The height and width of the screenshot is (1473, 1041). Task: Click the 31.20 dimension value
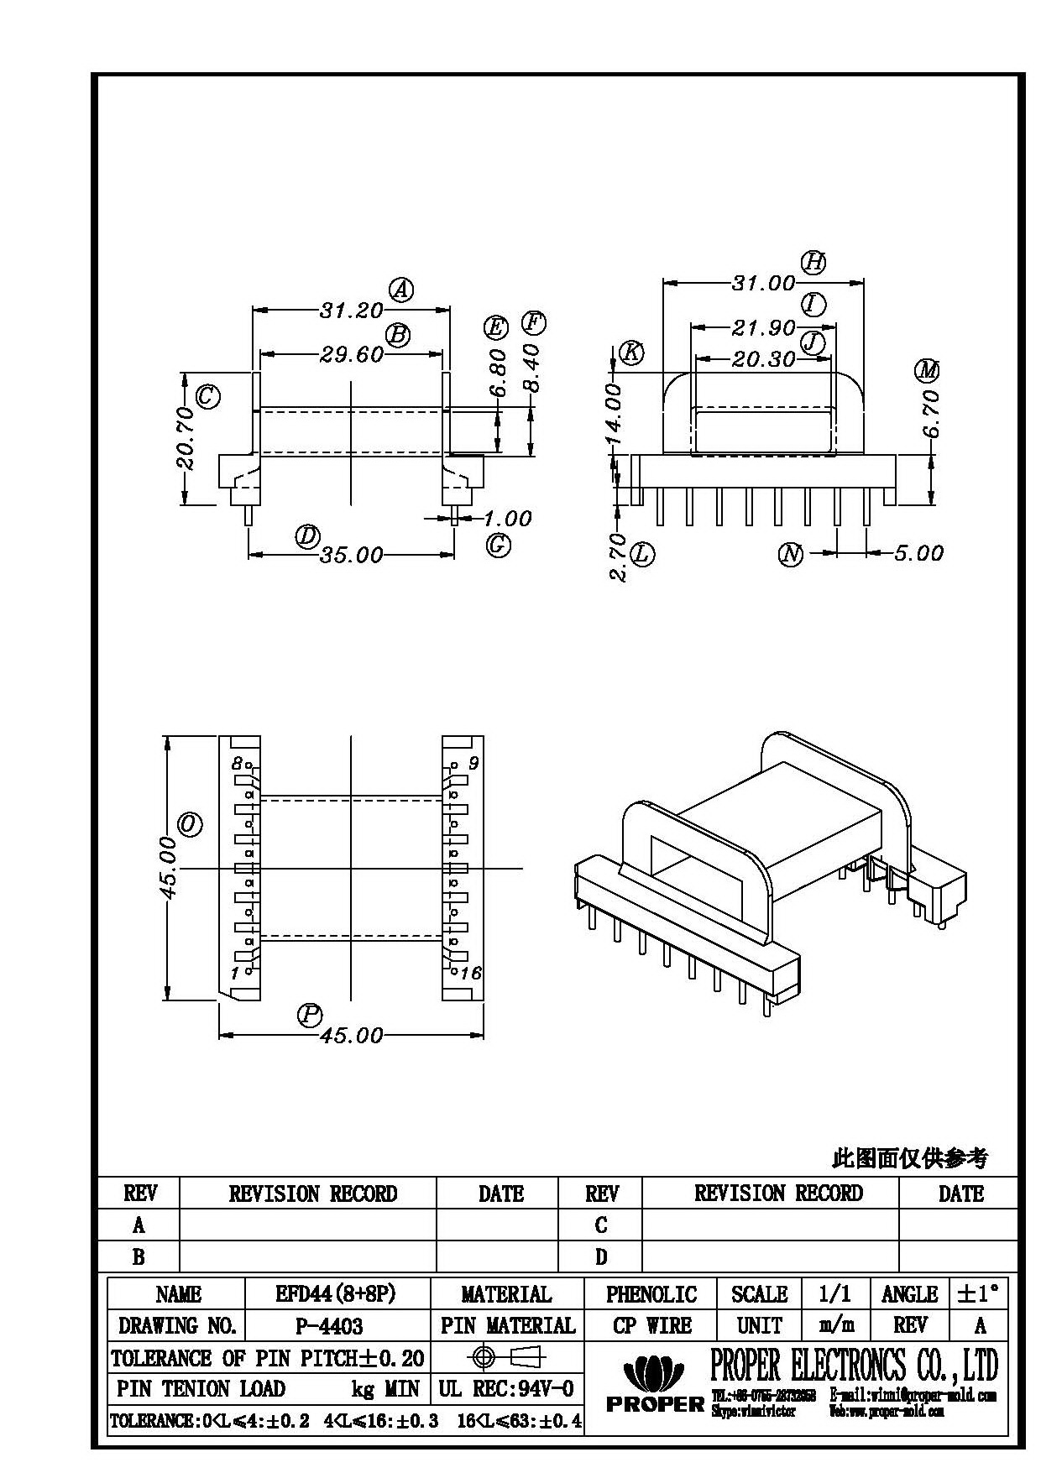pos(351,311)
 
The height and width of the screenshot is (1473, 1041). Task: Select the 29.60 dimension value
pos(351,355)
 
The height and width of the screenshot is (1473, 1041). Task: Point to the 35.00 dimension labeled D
pos(351,555)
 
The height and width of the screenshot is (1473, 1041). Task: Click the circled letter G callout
pos(498,546)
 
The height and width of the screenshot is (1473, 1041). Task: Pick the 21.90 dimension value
pos(763,328)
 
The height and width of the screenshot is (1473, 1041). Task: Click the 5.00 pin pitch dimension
pos(918,553)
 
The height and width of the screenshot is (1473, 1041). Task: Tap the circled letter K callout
pos(630,353)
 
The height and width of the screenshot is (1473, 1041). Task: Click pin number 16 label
pos(471,973)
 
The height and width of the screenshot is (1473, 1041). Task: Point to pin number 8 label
pos(237,764)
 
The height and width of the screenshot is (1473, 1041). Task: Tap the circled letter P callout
pos(310,1015)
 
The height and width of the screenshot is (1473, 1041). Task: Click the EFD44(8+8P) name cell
pos(335,1293)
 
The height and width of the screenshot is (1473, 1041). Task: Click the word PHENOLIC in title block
pos(651,1293)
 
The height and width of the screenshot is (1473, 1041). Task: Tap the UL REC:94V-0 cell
pos(506,1388)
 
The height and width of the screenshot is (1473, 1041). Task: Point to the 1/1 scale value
pos(834,1293)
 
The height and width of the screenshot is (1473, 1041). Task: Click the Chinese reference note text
pos(909,1159)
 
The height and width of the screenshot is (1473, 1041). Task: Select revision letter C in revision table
pos(601,1225)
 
